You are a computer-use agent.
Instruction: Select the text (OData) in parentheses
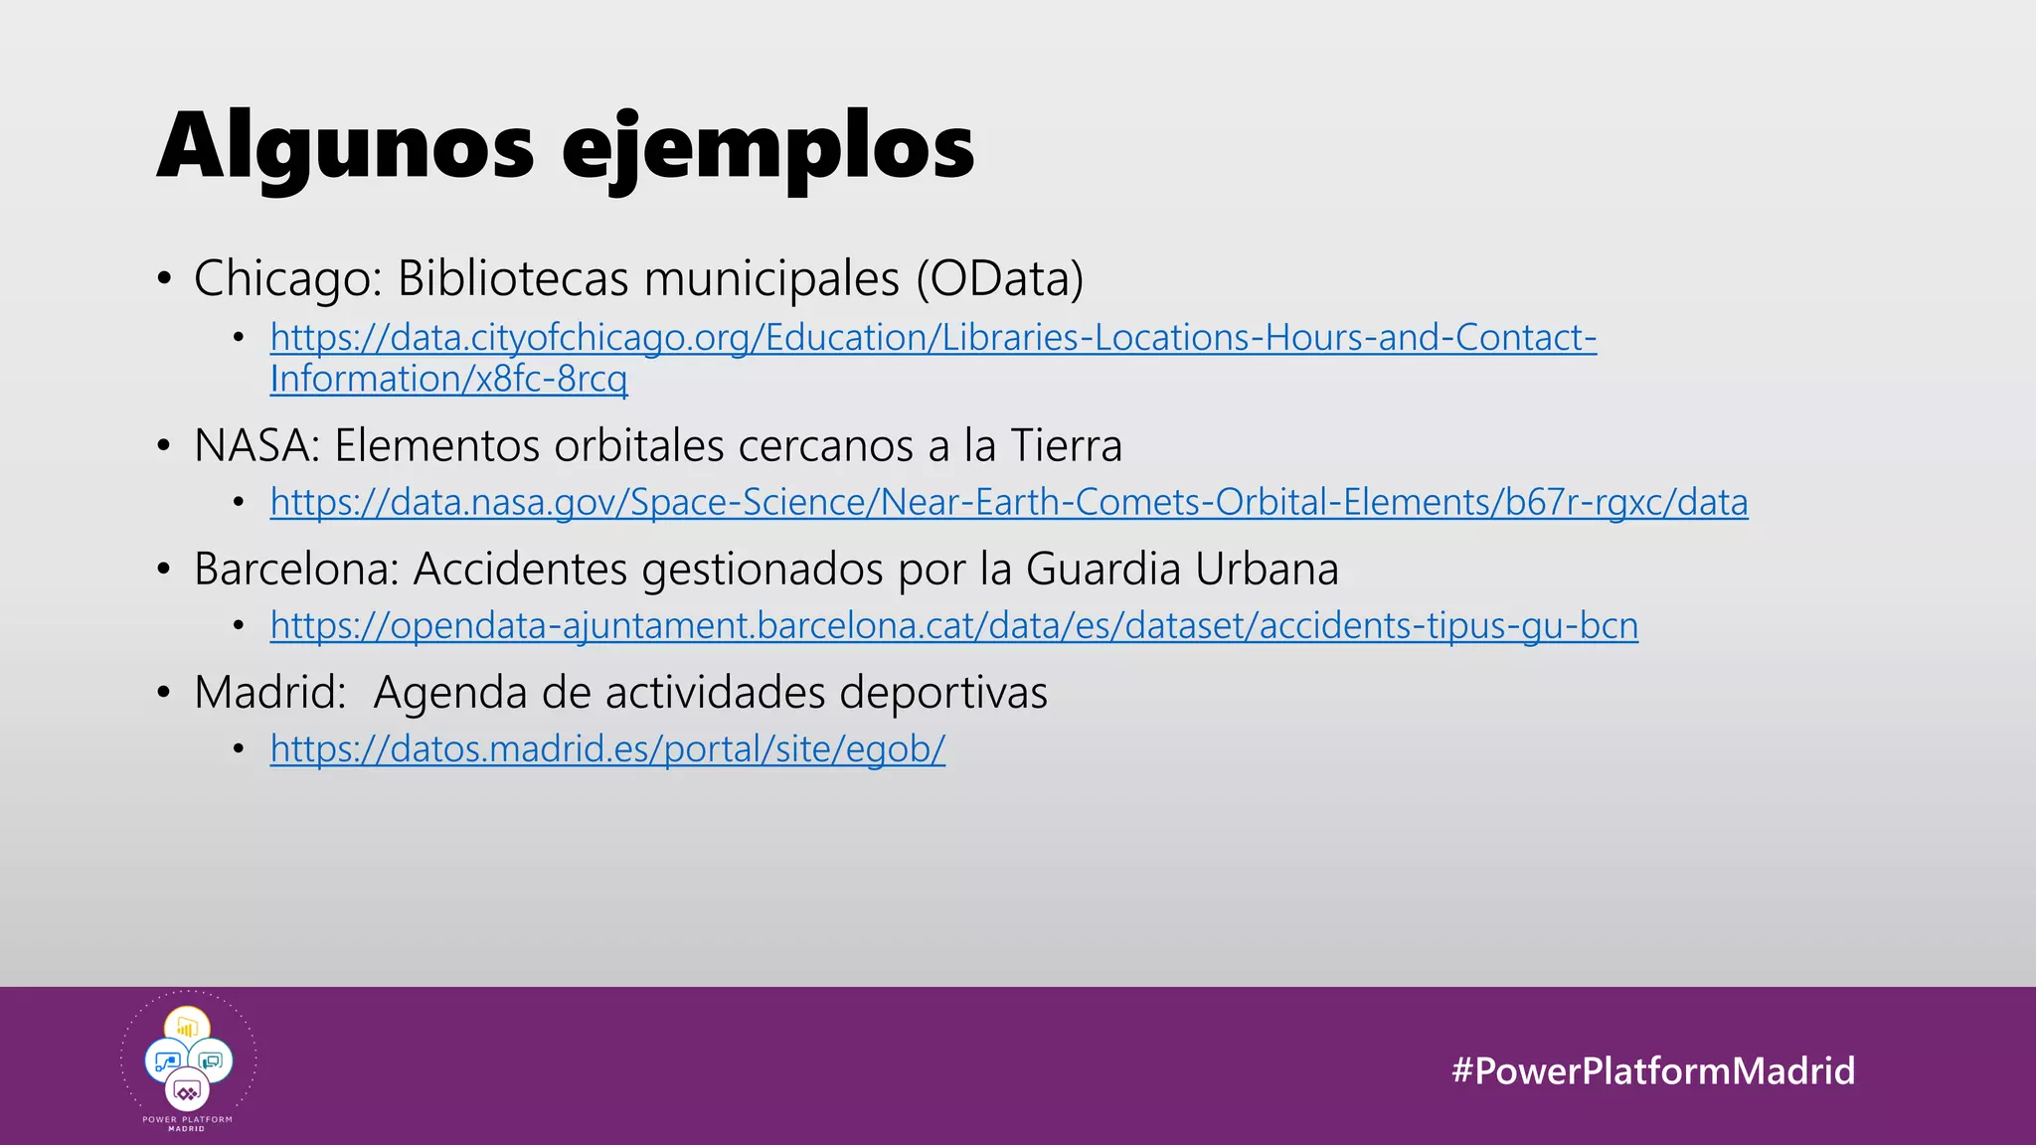[x=999, y=278]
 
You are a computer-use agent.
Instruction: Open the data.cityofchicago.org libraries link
[x=933, y=338]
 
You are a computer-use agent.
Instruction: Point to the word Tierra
[x=1066, y=445]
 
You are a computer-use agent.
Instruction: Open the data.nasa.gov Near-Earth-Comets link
[x=1008, y=503]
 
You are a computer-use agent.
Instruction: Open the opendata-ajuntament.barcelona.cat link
[x=953, y=626]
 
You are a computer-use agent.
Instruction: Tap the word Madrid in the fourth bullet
[x=269, y=693]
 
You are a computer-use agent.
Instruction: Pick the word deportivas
[x=942, y=693]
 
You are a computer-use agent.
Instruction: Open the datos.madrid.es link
[x=607, y=749]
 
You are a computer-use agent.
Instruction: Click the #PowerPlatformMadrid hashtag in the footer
[x=1652, y=1070]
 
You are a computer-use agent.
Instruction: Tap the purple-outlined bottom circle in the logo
[x=187, y=1092]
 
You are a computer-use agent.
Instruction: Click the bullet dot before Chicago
[x=164, y=278]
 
